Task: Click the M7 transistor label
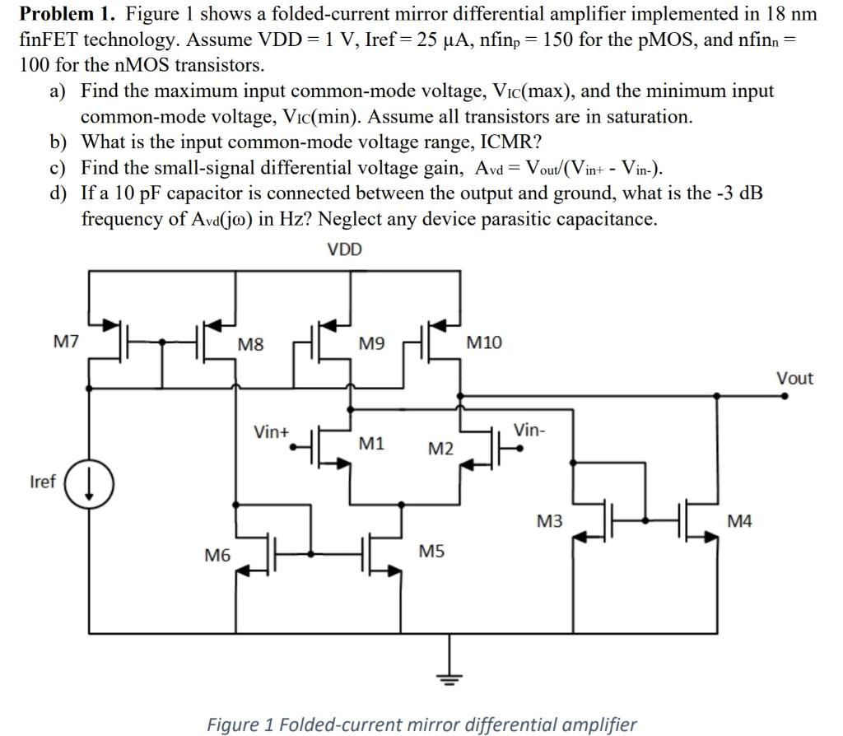66,341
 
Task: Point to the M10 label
483,342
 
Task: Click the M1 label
371,444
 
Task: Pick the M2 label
440,449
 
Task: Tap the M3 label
550,520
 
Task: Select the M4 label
739,520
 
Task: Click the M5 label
431,550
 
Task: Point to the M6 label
217,557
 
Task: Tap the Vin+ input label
271,431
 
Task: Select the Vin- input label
529,430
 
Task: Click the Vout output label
794,378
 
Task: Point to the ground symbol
449,677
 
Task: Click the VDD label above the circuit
344,249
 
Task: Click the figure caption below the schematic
421,724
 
